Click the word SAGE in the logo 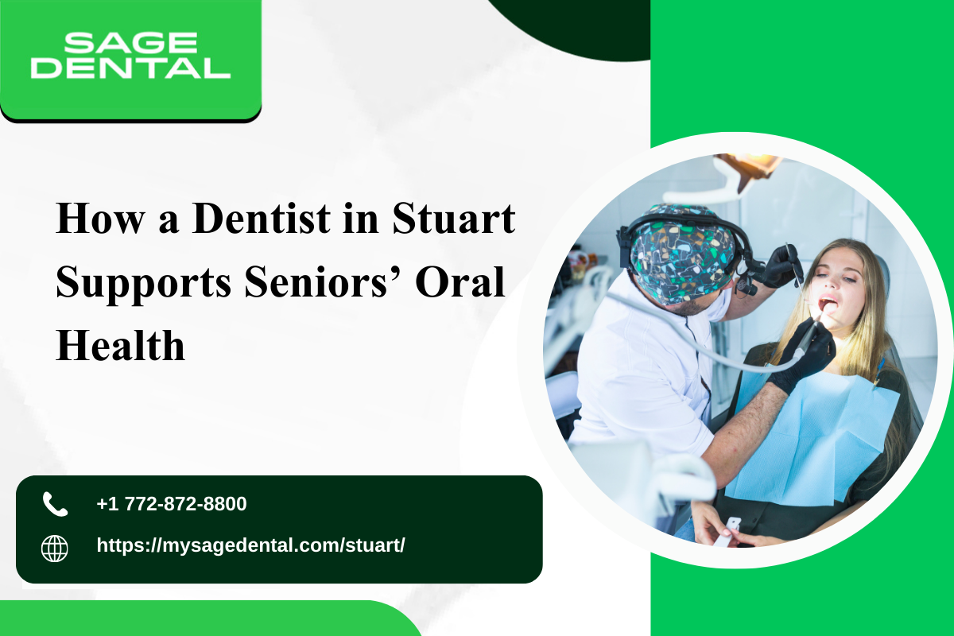point(130,42)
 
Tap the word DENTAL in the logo point(130,68)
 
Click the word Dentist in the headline point(261,219)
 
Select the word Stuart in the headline point(454,219)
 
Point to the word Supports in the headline point(143,283)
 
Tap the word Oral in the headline point(460,281)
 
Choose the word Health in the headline point(121,345)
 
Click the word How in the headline point(100,219)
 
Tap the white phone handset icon point(56,504)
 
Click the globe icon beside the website point(55,549)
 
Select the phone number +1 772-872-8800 point(172,504)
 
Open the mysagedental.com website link point(251,545)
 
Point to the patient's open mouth point(828,304)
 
